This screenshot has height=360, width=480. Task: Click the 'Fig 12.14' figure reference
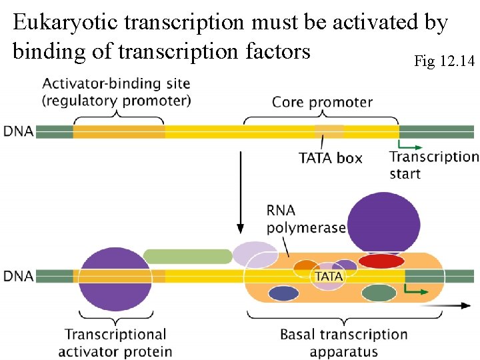(444, 62)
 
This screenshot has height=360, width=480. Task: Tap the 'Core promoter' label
(322, 102)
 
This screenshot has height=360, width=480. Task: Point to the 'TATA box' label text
(330, 158)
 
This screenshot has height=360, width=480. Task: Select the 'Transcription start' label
(433, 165)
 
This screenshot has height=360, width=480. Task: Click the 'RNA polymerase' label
(305, 219)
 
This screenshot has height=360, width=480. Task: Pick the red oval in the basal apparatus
(381, 261)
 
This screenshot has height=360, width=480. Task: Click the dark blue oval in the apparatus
(283, 293)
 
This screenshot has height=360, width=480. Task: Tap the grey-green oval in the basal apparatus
(379, 293)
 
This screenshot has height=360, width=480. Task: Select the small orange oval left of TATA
(306, 266)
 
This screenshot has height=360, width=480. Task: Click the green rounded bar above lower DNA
(187, 256)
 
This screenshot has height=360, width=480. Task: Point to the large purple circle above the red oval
(384, 222)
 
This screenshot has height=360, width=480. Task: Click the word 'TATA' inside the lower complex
(329, 276)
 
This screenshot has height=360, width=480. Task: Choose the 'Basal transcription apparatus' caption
(343, 343)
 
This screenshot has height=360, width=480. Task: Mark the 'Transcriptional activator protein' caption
(115, 343)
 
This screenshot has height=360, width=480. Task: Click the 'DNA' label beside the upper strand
(19, 131)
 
